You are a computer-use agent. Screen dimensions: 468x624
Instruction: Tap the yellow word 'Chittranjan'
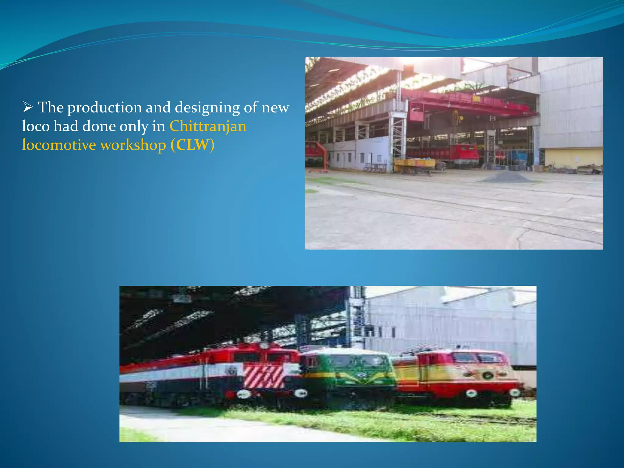pos(208,126)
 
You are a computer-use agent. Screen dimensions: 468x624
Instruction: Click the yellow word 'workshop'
pos(133,145)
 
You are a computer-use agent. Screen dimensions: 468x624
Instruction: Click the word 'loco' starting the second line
pos(36,126)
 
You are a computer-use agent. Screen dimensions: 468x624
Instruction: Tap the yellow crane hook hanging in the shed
pos(456,116)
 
